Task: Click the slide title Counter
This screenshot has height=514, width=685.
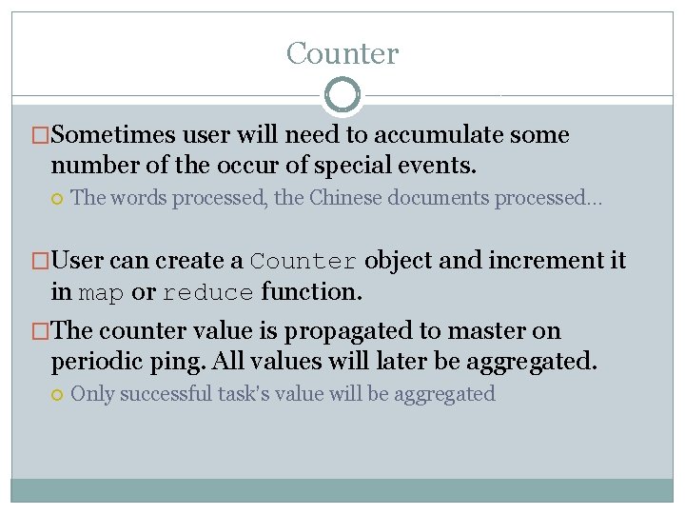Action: [x=342, y=53]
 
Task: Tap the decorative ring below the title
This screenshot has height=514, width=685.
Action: [x=342, y=95]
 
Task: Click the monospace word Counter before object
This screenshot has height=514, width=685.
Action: [x=304, y=262]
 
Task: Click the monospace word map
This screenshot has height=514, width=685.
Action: [x=102, y=293]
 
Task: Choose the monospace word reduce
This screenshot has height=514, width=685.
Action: [x=208, y=293]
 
